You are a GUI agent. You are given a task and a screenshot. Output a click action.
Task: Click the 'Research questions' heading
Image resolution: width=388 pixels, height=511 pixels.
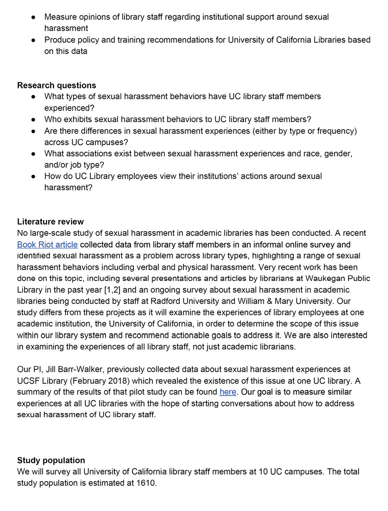coord(56,85)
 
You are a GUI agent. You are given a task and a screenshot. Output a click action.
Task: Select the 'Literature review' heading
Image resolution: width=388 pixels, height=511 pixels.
coord(50,222)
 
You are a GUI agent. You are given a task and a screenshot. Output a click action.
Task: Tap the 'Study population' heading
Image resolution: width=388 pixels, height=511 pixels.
coord(51,460)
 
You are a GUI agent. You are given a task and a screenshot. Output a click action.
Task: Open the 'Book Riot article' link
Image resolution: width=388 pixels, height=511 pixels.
coord(47,245)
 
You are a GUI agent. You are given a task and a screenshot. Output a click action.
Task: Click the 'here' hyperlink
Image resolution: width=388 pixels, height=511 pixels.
coord(228,392)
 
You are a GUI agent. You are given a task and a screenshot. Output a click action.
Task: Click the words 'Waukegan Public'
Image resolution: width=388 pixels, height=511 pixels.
coord(337,278)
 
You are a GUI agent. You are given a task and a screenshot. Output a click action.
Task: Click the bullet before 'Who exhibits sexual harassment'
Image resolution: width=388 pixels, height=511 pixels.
coord(34,119)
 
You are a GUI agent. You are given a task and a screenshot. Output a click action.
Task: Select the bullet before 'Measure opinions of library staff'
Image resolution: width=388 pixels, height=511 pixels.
coord(34,17)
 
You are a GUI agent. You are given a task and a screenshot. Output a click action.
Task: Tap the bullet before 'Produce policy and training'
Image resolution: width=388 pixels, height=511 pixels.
coord(34,40)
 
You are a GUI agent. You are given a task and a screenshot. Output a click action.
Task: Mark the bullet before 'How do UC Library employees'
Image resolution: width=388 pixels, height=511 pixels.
coord(34,176)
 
